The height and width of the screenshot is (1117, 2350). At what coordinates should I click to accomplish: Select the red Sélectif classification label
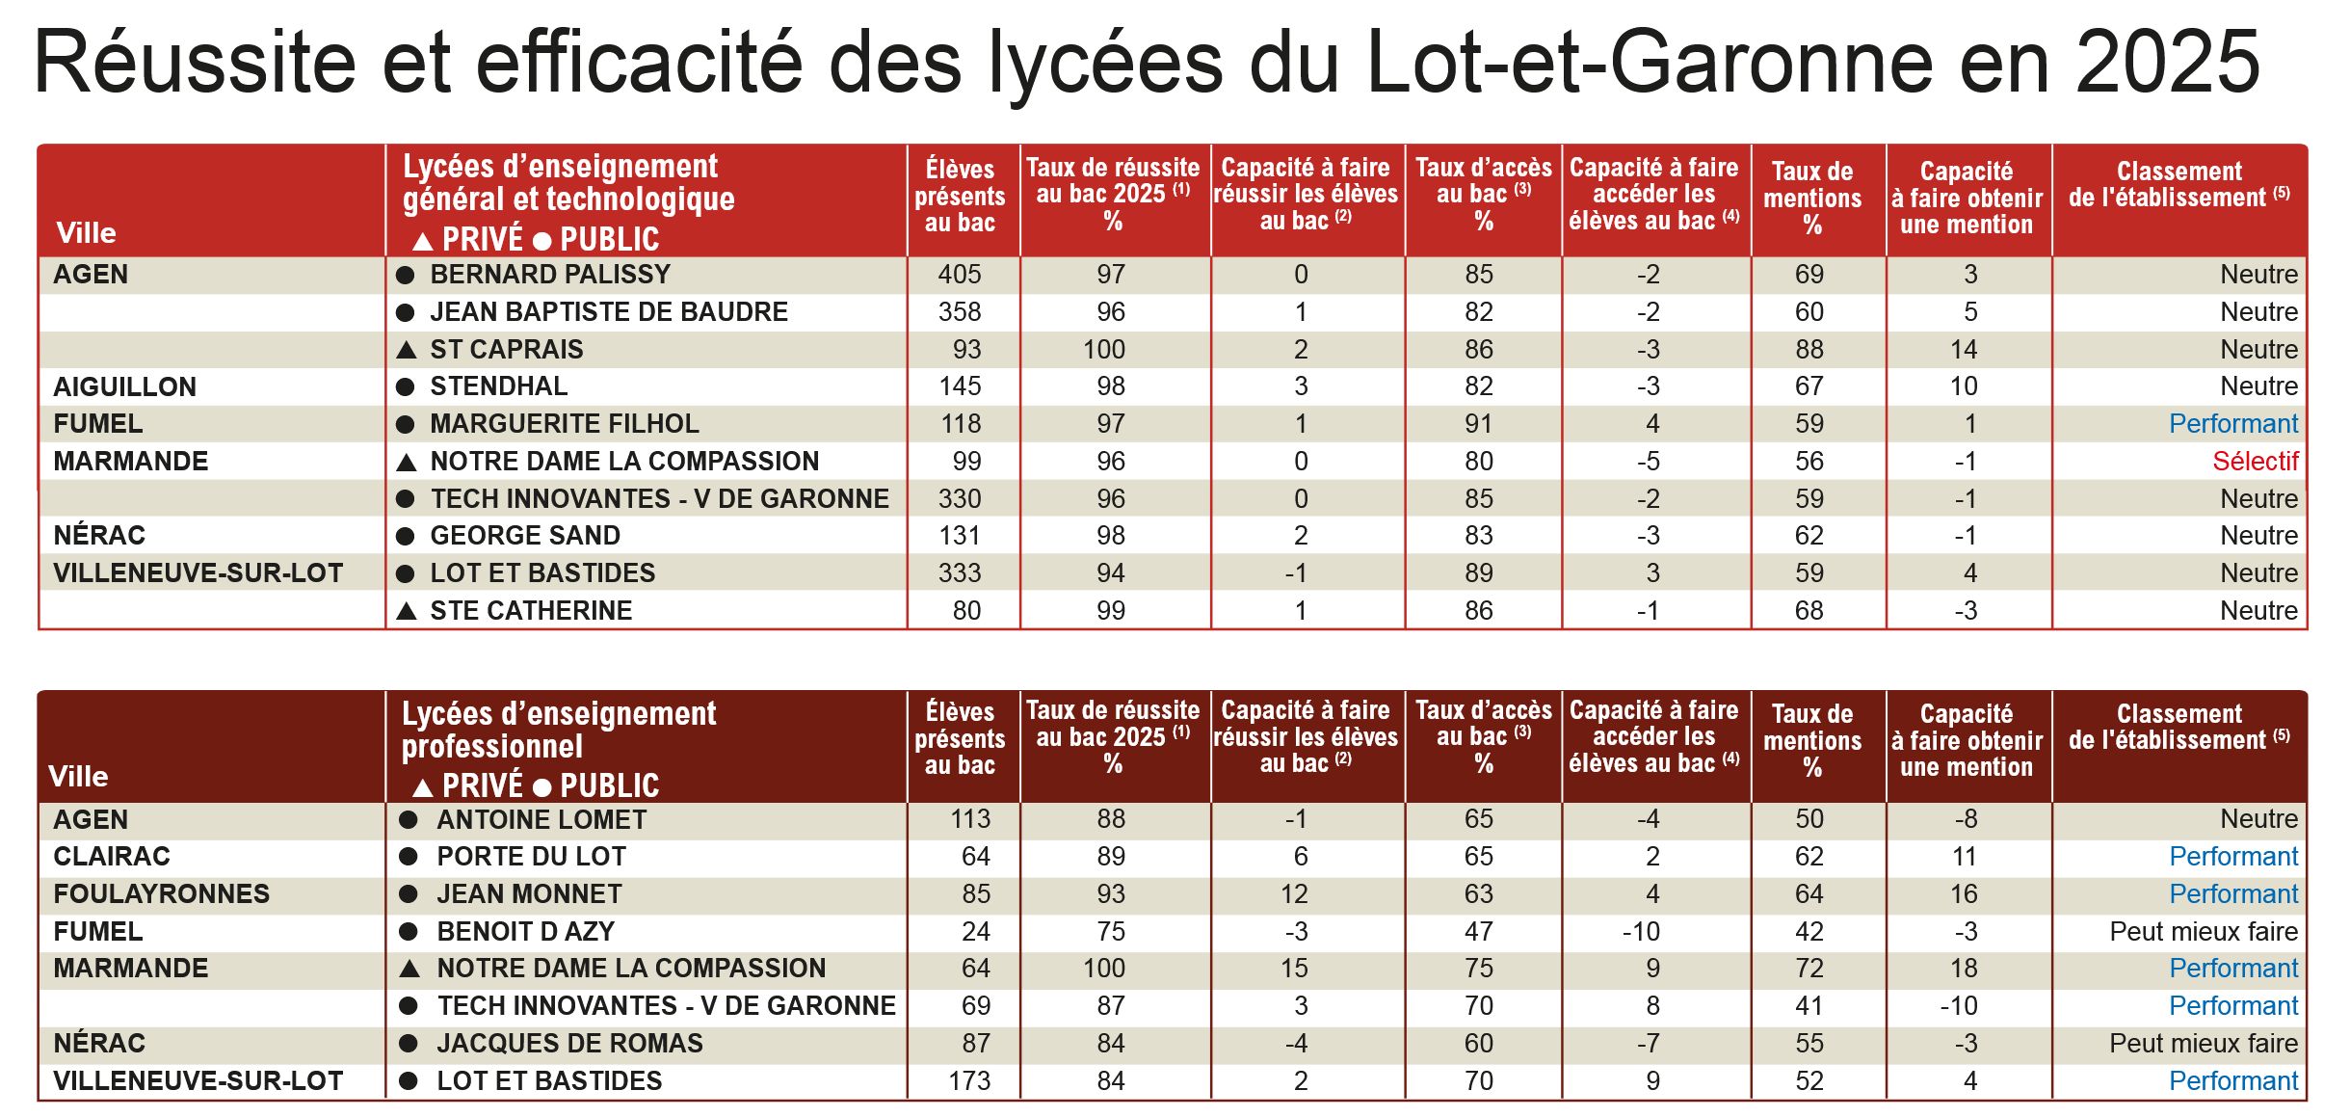(x=2255, y=462)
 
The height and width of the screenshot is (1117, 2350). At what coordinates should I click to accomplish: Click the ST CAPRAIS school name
(x=506, y=350)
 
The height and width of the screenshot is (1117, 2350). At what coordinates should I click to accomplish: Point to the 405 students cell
(x=959, y=275)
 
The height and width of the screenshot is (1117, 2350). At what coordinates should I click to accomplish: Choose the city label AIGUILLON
(x=124, y=387)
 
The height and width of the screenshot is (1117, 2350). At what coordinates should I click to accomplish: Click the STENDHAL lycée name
(x=498, y=386)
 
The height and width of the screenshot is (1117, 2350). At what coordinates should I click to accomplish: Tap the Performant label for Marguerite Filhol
(x=2232, y=424)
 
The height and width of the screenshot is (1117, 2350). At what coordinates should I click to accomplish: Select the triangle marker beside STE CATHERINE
(x=407, y=611)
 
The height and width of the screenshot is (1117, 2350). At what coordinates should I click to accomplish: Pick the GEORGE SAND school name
(x=524, y=536)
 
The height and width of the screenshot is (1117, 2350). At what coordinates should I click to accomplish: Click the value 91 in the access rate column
(x=1478, y=424)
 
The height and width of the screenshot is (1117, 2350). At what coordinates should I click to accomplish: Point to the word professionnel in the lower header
(x=491, y=747)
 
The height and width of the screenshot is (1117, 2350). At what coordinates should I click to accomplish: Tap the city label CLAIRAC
(x=111, y=857)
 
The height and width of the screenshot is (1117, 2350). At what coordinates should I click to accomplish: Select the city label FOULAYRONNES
(x=161, y=894)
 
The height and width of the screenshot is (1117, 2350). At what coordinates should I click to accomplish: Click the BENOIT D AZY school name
(x=525, y=932)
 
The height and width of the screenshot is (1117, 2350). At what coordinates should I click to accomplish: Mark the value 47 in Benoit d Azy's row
(x=1478, y=932)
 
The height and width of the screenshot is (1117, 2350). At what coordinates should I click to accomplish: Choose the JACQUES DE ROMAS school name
(x=568, y=1044)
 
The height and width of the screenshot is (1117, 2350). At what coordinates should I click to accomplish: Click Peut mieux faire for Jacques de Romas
(x=2203, y=1044)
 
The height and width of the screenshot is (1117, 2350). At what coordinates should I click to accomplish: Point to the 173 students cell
(x=968, y=1081)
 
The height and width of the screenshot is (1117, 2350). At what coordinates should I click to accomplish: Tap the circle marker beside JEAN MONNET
(x=409, y=894)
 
